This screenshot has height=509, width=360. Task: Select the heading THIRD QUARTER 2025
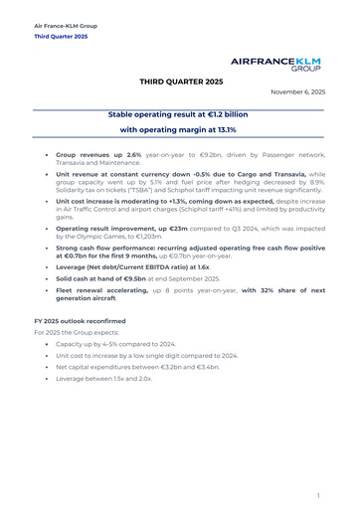181,80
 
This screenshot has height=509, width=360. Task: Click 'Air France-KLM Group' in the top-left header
66,24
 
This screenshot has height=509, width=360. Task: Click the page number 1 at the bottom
318,493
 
